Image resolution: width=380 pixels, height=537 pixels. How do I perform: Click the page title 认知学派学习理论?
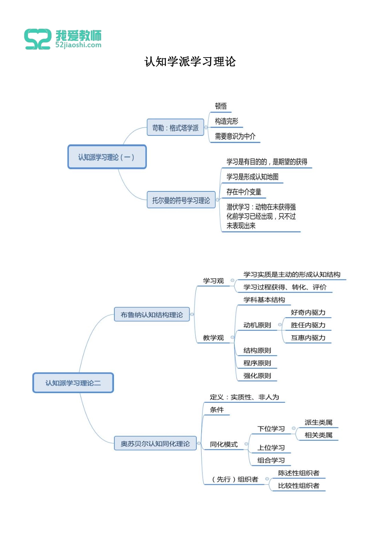coord(190,62)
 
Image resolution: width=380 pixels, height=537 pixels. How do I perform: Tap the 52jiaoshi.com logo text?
coord(78,45)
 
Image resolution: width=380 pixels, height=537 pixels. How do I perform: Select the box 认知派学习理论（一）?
coord(107,157)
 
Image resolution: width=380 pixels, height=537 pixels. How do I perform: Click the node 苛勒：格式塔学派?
coord(175,128)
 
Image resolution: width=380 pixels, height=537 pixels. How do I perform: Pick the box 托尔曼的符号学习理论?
coord(181,200)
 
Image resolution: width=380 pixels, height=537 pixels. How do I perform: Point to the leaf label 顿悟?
coord(221,106)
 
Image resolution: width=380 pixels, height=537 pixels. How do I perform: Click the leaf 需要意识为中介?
coord(235,136)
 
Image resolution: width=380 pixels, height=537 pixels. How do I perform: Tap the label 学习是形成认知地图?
coord(252,177)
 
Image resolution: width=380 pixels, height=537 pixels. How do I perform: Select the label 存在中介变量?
coord(244,192)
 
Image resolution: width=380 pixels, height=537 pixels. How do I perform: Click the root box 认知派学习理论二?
coord(73,383)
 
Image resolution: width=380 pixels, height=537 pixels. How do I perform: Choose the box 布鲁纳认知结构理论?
coord(152,315)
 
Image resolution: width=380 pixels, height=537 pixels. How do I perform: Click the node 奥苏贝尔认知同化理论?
coord(155,444)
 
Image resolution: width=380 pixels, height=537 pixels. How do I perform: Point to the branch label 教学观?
coord(213,338)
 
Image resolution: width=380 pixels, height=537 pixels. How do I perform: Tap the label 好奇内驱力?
coord(308,312)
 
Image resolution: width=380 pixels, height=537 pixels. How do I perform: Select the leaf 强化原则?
coord(257,376)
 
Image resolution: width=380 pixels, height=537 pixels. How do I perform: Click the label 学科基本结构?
coord(264,300)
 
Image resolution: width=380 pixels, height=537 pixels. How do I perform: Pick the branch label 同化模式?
coord(224,444)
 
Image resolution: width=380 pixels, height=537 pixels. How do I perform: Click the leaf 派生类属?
coord(318,422)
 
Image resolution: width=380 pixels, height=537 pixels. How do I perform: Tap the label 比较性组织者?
coord(299,485)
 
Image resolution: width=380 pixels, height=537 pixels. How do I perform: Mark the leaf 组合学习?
coord(271,460)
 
